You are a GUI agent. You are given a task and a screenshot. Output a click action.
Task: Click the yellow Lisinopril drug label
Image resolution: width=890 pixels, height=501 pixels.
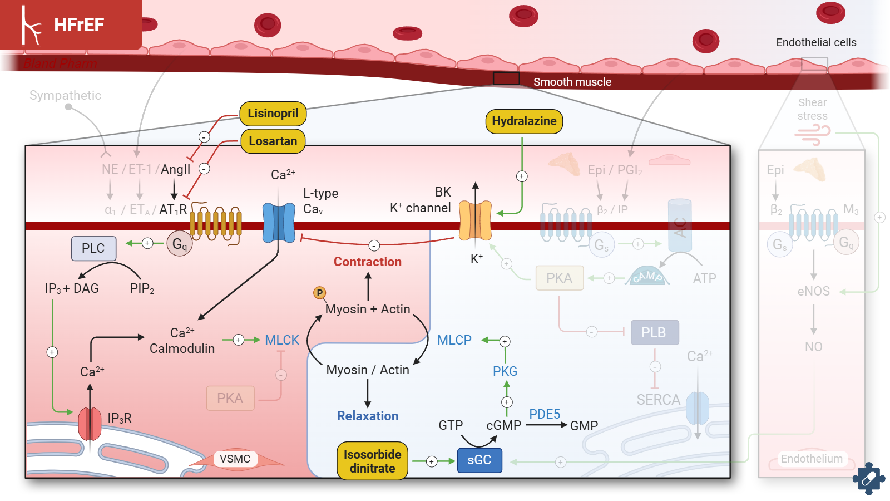point(273,114)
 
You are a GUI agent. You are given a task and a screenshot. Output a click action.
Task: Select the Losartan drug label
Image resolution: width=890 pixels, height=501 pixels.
point(273,141)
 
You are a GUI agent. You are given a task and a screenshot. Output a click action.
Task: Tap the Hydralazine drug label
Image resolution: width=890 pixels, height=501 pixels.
point(524,121)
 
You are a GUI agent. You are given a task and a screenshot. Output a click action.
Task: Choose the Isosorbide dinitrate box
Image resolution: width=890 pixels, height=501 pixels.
point(372,461)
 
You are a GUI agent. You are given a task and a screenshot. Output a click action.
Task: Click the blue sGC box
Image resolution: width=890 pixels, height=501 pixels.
point(479,460)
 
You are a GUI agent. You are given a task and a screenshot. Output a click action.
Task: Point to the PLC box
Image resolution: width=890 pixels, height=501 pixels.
point(93,248)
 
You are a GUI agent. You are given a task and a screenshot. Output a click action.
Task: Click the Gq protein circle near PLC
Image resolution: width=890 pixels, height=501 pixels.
point(180,244)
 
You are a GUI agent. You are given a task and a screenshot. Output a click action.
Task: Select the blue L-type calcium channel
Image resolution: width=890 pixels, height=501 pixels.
point(279,223)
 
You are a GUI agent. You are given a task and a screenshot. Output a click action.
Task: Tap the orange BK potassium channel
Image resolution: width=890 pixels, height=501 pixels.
point(475,220)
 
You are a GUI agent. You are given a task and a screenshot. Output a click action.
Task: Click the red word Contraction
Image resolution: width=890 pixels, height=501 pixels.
point(367,262)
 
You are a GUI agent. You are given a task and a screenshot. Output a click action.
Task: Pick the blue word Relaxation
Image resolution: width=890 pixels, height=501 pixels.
point(367,416)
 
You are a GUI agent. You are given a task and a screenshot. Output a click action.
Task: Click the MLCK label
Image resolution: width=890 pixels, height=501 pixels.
point(282,340)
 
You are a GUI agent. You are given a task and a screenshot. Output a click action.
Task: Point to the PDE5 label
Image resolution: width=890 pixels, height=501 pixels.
point(545,414)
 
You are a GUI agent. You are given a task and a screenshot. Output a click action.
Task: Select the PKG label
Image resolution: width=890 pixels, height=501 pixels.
point(505,371)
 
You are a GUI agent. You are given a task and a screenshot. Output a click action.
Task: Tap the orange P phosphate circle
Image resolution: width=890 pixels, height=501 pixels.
point(319,293)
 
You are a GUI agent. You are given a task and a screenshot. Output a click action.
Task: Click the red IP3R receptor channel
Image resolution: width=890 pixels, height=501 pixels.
point(90,423)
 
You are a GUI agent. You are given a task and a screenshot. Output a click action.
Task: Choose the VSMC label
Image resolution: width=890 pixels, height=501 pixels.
point(235,459)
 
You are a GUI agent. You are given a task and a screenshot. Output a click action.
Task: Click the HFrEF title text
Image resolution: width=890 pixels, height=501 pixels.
point(79,25)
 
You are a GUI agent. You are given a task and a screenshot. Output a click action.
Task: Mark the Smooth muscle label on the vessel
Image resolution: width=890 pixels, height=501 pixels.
point(572,82)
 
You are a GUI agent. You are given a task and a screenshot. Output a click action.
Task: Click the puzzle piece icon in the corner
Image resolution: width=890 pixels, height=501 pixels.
point(868,478)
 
